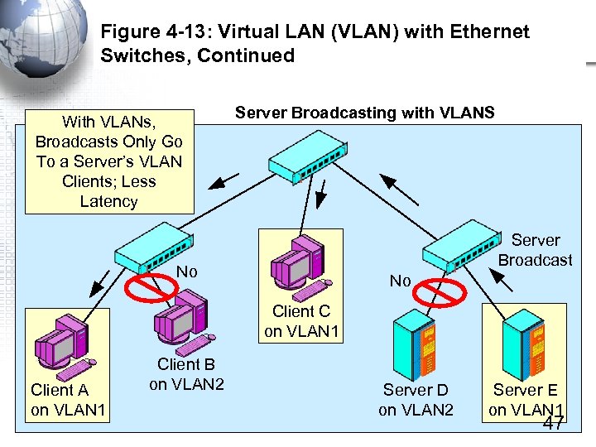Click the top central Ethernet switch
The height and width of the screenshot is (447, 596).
click(306, 155)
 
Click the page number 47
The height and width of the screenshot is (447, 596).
click(553, 424)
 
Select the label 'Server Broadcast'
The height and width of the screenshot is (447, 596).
click(535, 250)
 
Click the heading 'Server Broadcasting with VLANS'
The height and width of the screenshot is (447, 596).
click(364, 113)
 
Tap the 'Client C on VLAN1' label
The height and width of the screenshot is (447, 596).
click(300, 322)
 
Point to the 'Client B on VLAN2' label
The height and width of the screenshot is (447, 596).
click(186, 374)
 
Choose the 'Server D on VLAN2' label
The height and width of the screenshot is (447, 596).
click(416, 399)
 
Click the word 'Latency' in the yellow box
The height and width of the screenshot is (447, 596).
click(108, 201)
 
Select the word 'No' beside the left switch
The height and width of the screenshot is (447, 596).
click(188, 271)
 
